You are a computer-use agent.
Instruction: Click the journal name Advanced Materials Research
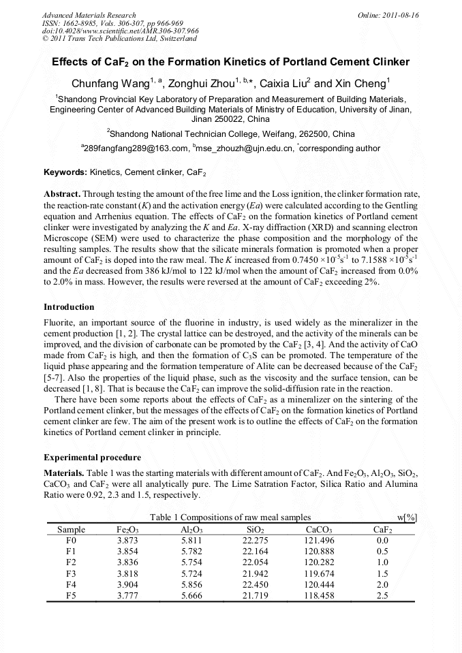(89, 15)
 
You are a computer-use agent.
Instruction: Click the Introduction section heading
(69, 307)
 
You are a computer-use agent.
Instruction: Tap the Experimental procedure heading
(92, 457)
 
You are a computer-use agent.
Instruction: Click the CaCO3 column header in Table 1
(319, 528)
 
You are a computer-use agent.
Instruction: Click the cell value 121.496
(319, 540)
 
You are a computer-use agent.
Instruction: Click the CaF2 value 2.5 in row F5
(382, 595)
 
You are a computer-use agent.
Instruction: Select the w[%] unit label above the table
(407, 517)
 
